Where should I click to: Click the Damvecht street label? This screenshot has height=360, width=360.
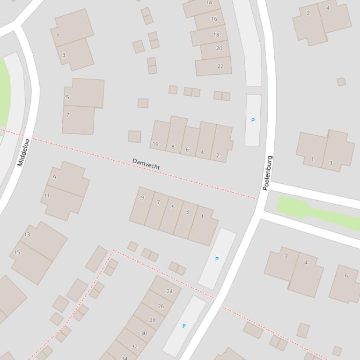pos(146,164)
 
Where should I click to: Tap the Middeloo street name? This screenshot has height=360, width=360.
pos(23,152)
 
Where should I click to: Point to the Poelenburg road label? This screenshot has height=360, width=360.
pos(268,173)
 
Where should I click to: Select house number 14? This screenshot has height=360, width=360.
pos(209,3)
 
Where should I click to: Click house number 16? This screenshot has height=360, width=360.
pos(214,19)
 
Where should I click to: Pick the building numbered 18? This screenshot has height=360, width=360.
pos(216,35)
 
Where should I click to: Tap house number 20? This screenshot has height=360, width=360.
pos(219,49)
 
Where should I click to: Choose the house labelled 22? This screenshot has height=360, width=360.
pos(220,66)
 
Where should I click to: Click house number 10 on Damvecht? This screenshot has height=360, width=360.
pos(155,144)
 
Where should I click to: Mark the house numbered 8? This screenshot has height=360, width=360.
pos(173,147)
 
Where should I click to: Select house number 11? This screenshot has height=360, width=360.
pos(46,196)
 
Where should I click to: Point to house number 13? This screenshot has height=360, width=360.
pos(27,234)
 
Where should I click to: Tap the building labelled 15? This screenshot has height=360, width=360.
pos(17,252)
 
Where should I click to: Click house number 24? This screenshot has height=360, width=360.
pos(169,291)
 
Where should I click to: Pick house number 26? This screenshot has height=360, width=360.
pos(161,306)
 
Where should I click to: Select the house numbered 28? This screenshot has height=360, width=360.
pos(152,320)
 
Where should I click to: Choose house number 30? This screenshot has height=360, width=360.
pos(144,333)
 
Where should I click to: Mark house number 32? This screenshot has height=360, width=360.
pos(134,346)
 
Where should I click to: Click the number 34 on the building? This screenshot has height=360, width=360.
pos(125,358)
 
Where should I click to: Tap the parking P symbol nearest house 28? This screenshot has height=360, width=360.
pos(184,326)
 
